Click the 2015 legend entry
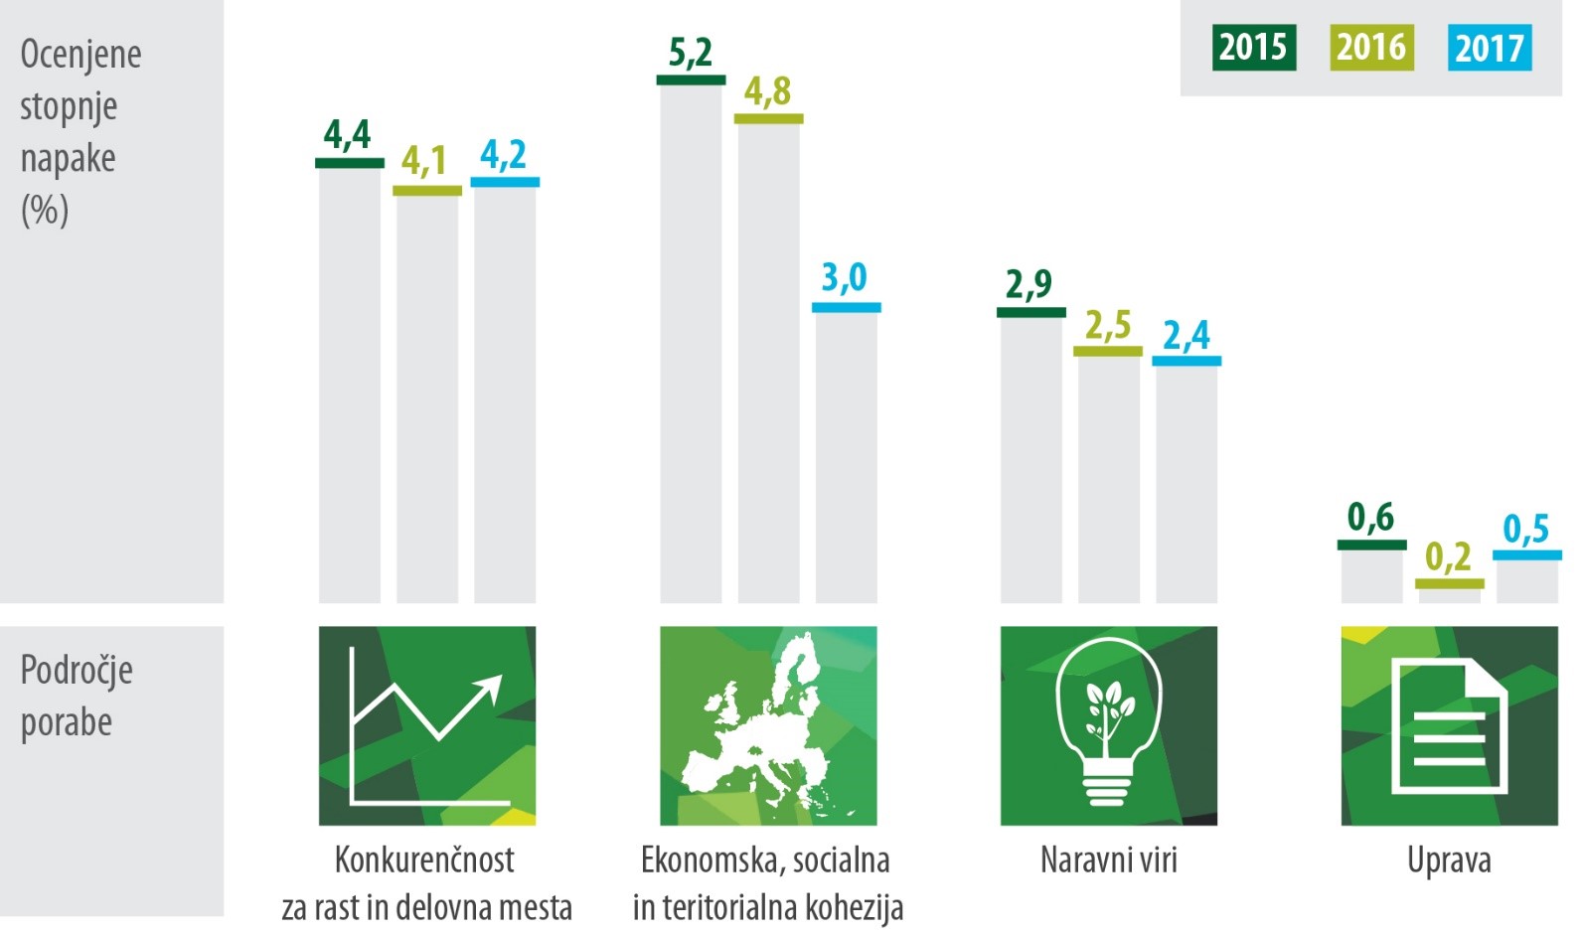pyautogui.click(x=1253, y=48)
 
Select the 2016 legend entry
pyautogui.click(x=1371, y=48)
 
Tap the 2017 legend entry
pyautogui.click(x=1489, y=48)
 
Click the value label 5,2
pyautogui.click(x=691, y=53)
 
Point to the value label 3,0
pyautogui.click(x=845, y=278)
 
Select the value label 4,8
pyautogui.click(x=768, y=91)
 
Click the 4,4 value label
pyautogui.click(x=348, y=134)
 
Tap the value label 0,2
pyautogui.click(x=1449, y=557)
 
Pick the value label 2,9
pyautogui.click(x=1029, y=284)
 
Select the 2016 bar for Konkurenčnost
pyautogui.click(x=427, y=397)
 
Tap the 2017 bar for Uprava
pyautogui.click(x=1527, y=580)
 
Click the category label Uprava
pyautogui.click(x=1449, y=860)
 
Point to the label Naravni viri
pyautogui.click(x=1108, y=860)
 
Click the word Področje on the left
pyautogui.click(x=77, y=671)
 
